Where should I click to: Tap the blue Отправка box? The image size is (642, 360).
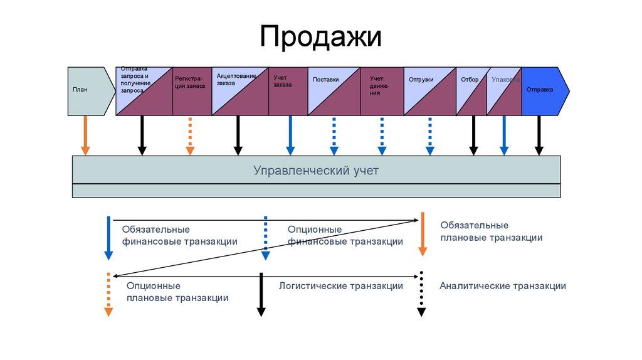point(543,90)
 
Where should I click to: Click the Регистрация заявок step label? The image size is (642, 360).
point(190,83)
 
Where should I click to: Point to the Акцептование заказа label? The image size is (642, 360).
point(236,80)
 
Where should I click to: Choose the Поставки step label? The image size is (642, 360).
point(325,80)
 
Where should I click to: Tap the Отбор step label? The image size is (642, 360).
point(470,80)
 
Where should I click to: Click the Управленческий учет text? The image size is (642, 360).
point(316,170)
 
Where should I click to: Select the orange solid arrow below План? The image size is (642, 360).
point(85,135)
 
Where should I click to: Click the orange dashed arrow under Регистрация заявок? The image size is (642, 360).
point(190,135)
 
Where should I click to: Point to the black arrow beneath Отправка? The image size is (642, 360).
point(539,135)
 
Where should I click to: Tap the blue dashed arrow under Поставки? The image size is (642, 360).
point(334,135)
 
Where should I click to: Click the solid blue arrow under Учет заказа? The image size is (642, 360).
point(290,135)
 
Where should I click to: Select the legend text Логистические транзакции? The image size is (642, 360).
point(340,286)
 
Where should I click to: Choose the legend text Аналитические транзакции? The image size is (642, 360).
point(503,286)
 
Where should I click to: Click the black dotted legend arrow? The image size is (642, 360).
point(422,294)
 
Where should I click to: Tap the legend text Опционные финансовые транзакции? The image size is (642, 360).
point(345,236)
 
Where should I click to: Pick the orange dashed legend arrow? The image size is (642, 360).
point(108,294)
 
